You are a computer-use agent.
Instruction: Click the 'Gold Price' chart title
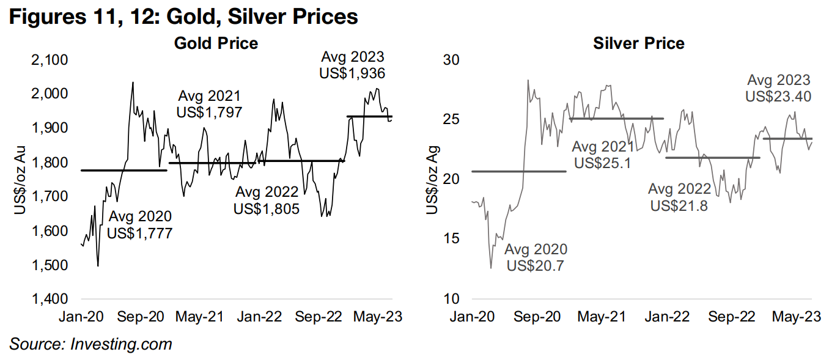(216, 43)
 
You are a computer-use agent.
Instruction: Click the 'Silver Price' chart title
(639, 43)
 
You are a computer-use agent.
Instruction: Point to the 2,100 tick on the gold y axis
(50, 60)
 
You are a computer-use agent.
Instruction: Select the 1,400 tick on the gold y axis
(50, 299)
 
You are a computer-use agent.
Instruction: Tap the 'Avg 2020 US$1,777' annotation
(139, 224)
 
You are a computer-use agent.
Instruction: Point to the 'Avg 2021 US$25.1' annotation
(603, 155)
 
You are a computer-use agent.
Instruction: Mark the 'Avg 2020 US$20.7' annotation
(535, 257)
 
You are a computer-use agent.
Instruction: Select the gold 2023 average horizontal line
(369, 116)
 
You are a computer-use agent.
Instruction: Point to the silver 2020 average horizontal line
(519, 171)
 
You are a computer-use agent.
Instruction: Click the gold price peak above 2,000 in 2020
(133, 83)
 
